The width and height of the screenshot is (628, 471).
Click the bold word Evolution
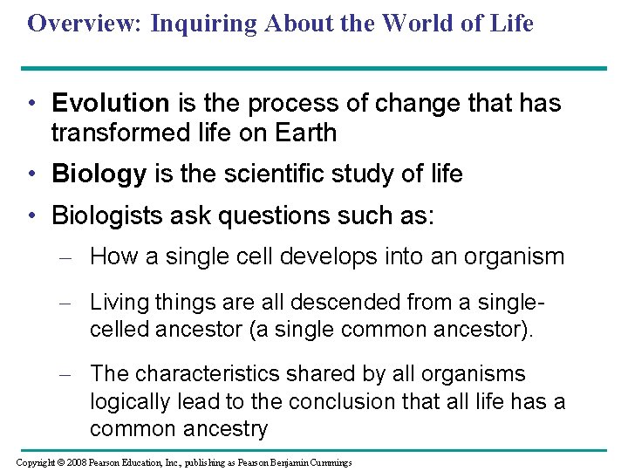click(111, 104)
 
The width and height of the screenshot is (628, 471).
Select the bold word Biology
click(99, 174)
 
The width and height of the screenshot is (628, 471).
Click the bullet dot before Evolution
click(30, 104)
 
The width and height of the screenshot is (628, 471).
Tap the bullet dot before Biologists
click(30, 215)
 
